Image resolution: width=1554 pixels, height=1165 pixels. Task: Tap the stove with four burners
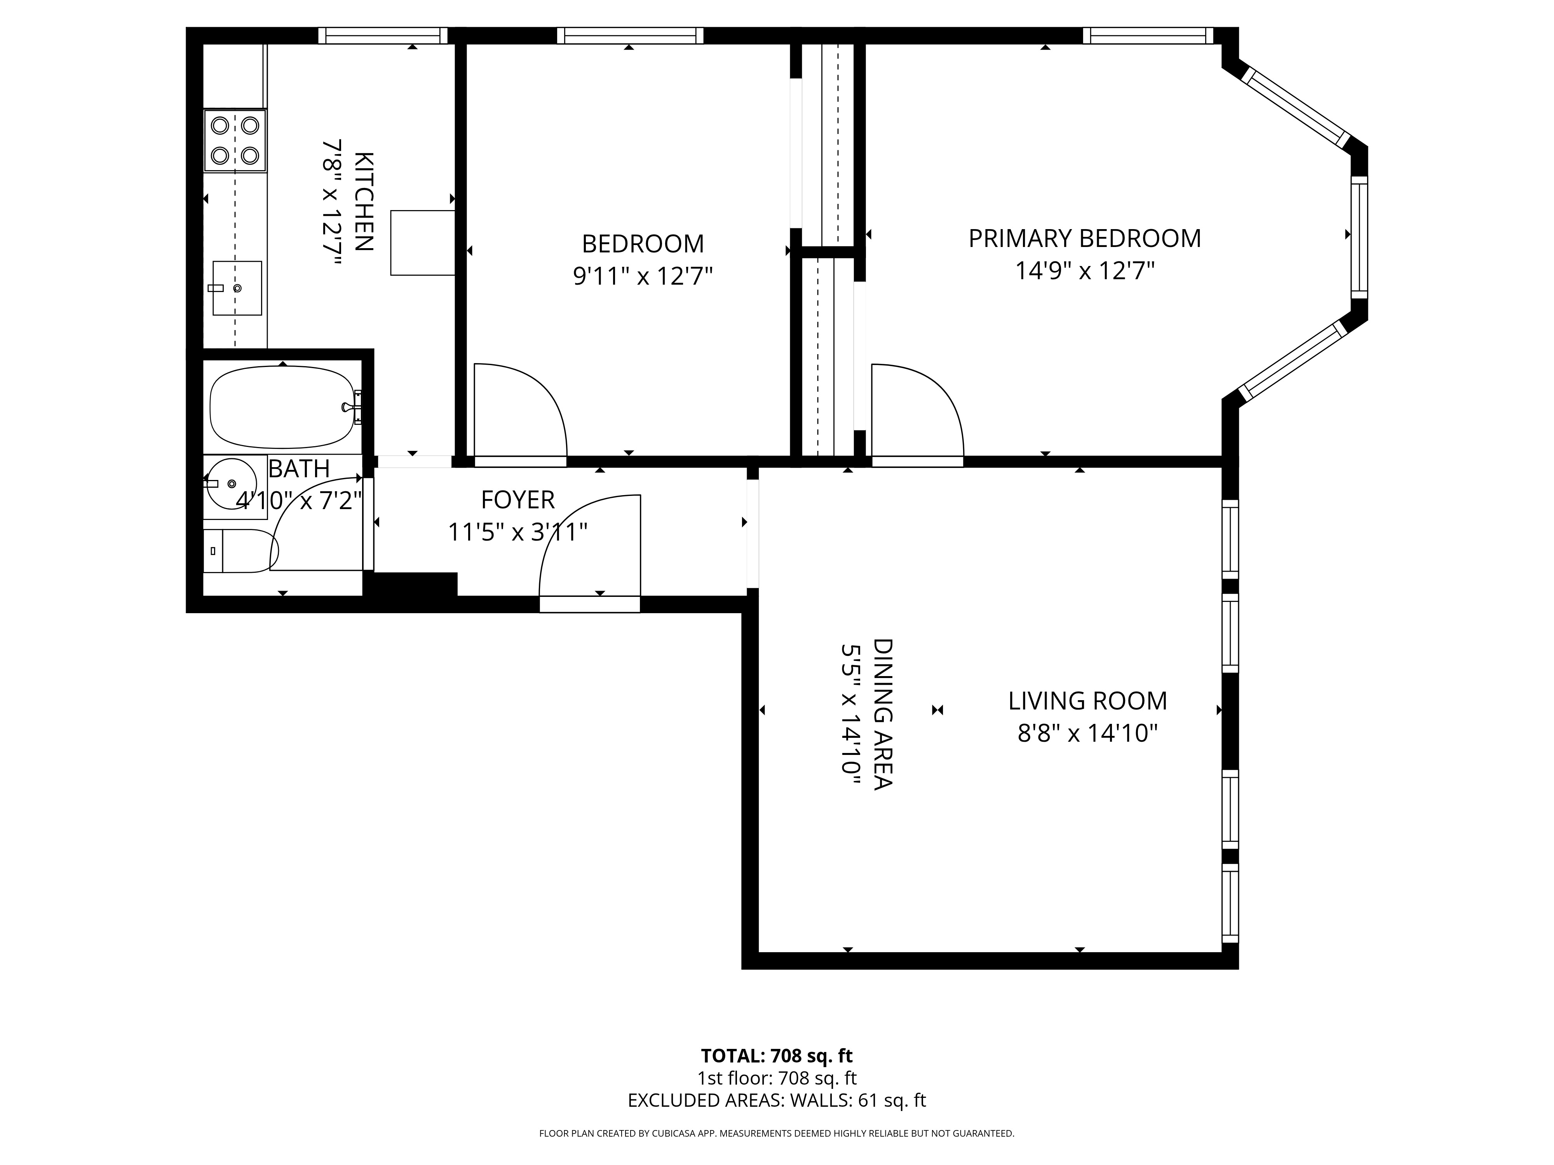pyautogui.click(x=235, y=141)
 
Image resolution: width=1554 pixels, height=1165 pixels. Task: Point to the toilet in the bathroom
pyautogui.click(x=239, y=551)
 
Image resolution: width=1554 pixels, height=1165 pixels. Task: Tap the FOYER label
pyautogui.click(x=518, y=500)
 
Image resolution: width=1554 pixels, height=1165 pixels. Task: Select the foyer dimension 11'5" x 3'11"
pyautogui.click(x=518, y=532)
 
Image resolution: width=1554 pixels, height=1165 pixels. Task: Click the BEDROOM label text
pyautogui.click(x=643, y=243)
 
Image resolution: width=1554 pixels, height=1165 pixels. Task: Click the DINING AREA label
pyautogui.click(x=882, y=714)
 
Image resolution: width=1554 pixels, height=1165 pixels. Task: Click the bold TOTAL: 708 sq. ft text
pyautogui.click(x=776, y=1075)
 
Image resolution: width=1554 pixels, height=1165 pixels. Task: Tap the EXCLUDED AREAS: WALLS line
pyautogui.click(x=776, y=1120)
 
